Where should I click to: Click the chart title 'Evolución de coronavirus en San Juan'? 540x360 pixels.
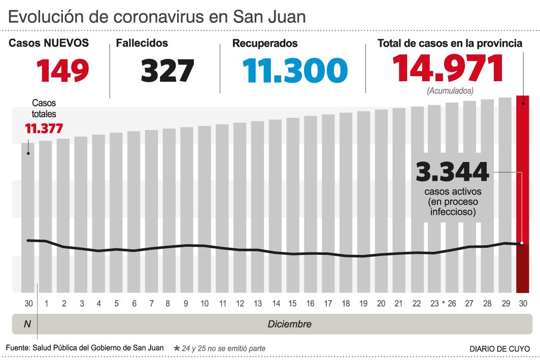157,17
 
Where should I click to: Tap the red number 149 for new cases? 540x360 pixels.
62,71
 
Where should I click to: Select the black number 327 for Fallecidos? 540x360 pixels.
167,71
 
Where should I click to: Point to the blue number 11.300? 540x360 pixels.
295,71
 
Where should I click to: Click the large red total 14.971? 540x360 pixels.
448,68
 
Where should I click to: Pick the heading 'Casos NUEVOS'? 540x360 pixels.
49,44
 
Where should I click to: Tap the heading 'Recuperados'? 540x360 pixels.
264,44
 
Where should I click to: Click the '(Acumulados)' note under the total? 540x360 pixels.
450,91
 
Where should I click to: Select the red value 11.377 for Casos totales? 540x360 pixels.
44,128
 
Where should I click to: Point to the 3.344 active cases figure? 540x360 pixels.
452,172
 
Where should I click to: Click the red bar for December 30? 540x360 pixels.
523,193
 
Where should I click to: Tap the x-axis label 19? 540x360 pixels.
363,304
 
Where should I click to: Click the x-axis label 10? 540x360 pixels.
204,304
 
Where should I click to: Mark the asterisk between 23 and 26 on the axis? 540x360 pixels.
443,304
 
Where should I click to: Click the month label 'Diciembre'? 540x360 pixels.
289,324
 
